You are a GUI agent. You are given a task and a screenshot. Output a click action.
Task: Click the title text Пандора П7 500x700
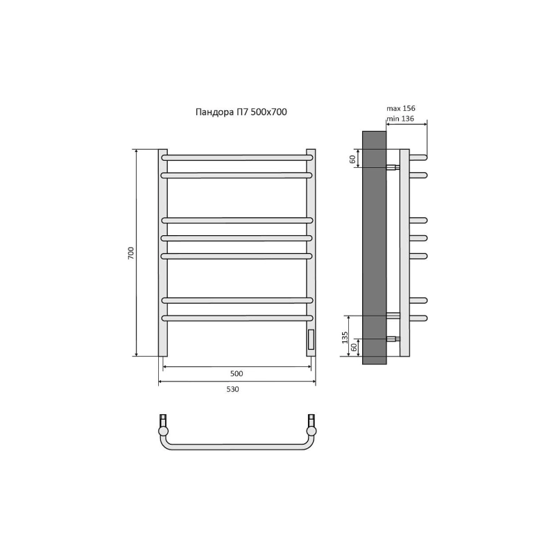[241, 112]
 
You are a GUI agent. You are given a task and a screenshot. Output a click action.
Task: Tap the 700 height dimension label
[131, 253]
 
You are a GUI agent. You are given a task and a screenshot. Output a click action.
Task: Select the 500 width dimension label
[237, 373]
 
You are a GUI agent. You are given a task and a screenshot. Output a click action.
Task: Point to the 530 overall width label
[232, 389]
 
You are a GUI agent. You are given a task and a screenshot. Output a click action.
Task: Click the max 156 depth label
[401, 108]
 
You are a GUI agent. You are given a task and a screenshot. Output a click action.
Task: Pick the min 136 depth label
[400, 119]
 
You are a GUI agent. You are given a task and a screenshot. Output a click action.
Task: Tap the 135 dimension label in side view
[344, 337]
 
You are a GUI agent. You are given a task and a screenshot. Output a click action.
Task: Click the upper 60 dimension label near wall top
[352, 159]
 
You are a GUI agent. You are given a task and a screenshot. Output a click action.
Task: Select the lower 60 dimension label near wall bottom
[353, 347]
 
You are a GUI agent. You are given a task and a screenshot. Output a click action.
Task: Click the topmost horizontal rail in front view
[237, 157]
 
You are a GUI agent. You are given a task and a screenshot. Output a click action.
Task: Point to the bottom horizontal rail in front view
[237, 318]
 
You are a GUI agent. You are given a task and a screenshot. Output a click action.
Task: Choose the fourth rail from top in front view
[237, 238]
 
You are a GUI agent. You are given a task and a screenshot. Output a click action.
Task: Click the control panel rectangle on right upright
[311, 339]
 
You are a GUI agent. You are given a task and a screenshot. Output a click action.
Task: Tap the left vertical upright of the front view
[163, 253]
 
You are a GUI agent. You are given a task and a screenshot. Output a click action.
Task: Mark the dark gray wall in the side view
[374, 248]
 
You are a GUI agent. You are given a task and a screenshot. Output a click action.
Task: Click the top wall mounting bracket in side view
[393, 167]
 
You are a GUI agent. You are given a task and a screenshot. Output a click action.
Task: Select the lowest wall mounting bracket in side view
[393, 339]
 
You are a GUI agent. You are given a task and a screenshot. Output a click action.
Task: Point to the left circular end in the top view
[163, 431]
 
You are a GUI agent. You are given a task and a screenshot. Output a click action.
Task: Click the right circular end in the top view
[311, 431]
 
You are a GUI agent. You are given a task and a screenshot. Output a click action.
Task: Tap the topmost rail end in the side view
[418, 157]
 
